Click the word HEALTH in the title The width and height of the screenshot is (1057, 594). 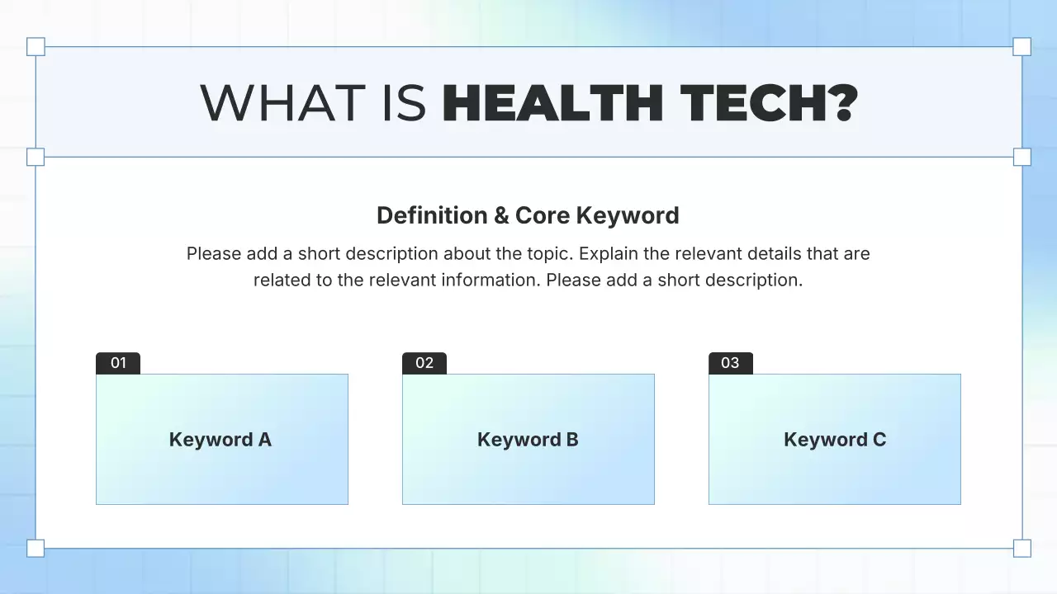(554, 102)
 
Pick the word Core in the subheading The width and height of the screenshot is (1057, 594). (542, 215)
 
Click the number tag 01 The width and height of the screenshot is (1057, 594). (118, 363)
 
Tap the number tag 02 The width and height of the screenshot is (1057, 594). (424, 363)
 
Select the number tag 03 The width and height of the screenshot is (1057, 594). (731, 363)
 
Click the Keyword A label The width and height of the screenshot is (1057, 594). (220, 440)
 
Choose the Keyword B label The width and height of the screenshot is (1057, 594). (528, 440)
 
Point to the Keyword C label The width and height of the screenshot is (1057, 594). (835, 440)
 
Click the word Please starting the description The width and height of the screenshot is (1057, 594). (213, 253)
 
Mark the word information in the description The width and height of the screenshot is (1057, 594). (488, 280)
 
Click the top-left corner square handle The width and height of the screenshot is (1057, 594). (36, 46)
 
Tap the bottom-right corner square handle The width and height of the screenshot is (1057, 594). (1021, 548)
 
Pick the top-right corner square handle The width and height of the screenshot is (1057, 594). (1021, 46)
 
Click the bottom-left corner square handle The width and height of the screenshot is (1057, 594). (36, 548)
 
